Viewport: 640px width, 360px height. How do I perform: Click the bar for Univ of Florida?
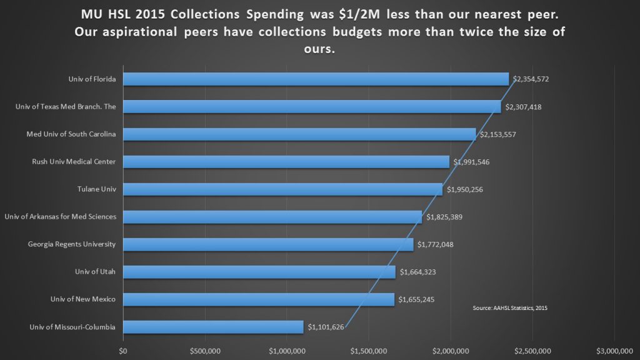(316, 79)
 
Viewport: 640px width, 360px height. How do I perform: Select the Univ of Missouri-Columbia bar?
(213, 327)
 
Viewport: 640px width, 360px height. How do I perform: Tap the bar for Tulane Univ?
(282, 189)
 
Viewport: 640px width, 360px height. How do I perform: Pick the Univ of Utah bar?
(259, 272)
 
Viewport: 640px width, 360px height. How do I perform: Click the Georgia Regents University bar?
(268, 244)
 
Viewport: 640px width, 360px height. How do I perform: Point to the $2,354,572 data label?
(531, 79)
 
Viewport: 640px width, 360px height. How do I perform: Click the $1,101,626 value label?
(326, 327)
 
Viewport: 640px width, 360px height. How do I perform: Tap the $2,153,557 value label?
(497, 134)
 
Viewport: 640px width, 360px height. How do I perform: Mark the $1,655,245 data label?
(416, 299)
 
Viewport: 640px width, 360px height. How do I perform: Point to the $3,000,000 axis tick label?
(614, 351)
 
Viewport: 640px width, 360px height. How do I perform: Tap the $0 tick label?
(123, 351)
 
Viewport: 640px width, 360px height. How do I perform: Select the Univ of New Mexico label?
(84, 299)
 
